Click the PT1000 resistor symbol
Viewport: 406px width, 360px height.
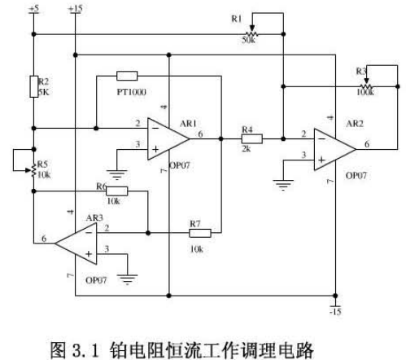127,76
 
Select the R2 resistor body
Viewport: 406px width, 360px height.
34,86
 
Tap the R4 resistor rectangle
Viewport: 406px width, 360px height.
252,138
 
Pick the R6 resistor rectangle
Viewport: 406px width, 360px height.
116,191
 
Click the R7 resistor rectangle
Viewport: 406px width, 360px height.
200,233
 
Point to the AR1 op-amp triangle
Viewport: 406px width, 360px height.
168,138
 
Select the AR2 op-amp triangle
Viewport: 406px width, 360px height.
335,149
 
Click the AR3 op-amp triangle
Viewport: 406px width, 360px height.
76,244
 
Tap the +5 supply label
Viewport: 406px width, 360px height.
34,8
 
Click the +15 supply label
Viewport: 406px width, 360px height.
75,8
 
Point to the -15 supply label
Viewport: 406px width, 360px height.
335,312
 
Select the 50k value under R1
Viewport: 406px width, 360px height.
248,40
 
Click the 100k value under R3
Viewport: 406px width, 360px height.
365,92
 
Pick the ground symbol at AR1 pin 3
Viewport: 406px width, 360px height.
117,174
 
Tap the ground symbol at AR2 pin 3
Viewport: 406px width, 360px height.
283,185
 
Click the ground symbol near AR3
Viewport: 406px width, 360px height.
127,279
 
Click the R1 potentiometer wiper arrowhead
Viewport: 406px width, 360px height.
252,29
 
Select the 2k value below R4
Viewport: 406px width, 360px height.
247,149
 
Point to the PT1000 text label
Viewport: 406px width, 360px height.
132,92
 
